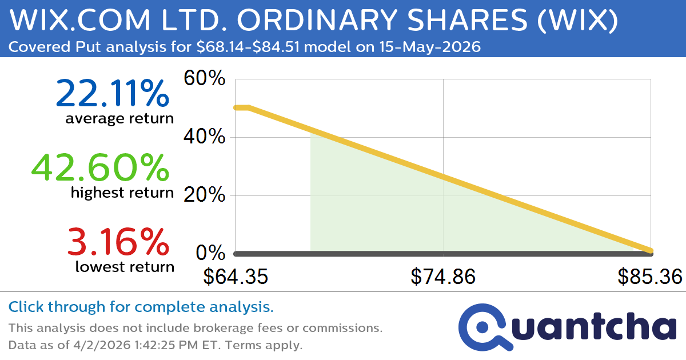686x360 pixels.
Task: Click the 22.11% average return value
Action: point(112,94)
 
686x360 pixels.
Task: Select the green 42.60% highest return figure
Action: point(100,167)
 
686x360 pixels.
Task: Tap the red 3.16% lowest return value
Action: point(118,241)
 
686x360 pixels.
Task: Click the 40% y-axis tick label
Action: point(204,138)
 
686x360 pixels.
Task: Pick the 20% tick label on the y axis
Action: point(204,196)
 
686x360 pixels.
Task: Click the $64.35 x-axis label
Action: point(236,277)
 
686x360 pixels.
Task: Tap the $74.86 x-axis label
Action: point(443,277)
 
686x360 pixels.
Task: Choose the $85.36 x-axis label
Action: point(650,277)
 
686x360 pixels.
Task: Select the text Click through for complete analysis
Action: point(141,307)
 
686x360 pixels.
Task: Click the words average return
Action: point(119,119)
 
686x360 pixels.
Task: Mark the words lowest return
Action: point(124,266)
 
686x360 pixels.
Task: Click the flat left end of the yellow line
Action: point(241,107)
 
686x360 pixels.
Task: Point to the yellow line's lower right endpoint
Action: point(650,250)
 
